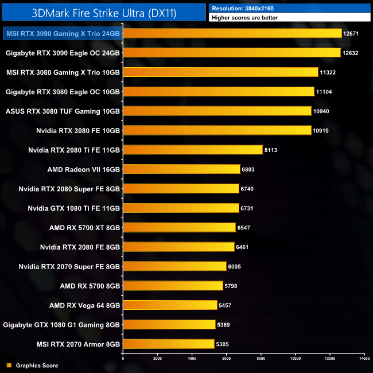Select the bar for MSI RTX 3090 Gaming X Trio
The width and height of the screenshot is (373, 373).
[232, 33]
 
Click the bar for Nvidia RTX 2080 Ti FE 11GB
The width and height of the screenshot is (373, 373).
[193, 150]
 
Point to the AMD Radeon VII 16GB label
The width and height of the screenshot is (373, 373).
[84, 169]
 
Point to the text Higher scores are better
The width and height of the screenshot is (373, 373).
[246, 18]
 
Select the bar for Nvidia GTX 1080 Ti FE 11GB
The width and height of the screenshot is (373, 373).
[181, 208]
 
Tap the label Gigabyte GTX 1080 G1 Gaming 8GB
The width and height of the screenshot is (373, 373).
[61, 325]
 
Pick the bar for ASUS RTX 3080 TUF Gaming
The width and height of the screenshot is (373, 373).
[217, 111]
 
